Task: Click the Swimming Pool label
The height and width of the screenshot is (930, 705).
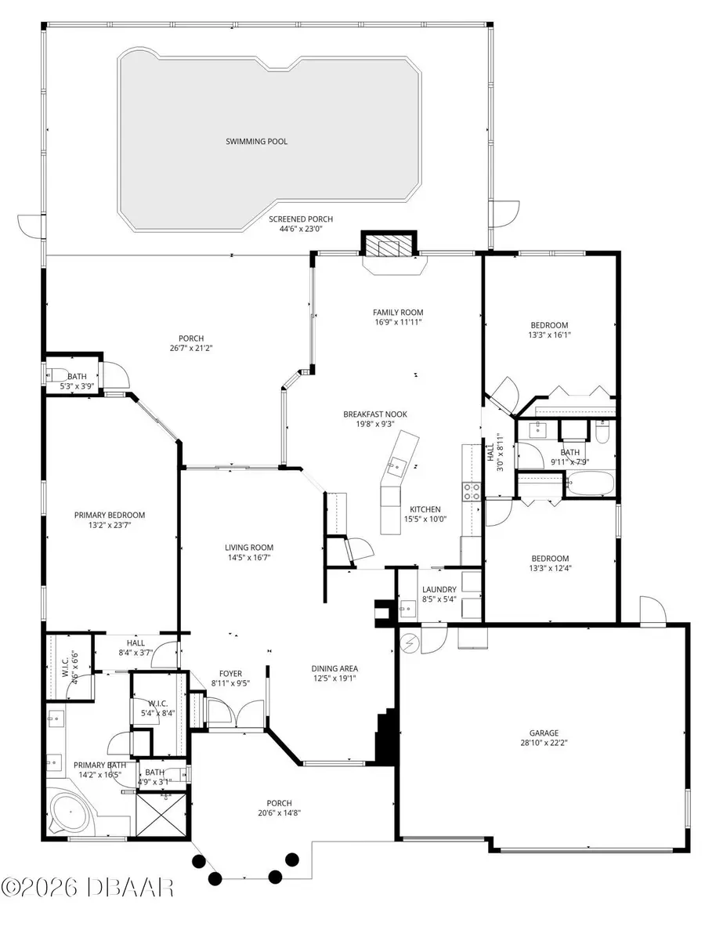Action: click(x=256, y=141)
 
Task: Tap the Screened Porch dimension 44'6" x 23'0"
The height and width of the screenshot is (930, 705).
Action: click(x=301, y=228)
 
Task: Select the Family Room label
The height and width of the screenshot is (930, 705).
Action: click(x=398, y=313)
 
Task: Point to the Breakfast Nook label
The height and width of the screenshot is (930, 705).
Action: click(x=375, y=414)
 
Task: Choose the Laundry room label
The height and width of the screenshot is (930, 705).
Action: click(x=439, y=589)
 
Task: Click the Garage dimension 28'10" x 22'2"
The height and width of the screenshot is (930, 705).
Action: click(x=544, y=743)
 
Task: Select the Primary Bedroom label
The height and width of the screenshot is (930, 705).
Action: click(x=110, y=515)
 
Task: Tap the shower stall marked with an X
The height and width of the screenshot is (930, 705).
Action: click(x=161, y=815)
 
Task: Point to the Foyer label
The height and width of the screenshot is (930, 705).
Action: click(x=230, y=674)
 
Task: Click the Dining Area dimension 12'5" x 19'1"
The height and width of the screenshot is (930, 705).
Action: click(x=334, y=679)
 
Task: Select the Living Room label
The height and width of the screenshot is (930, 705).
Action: click(x=249, y=548)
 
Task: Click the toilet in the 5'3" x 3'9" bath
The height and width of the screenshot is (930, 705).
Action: click(x=57, y=375)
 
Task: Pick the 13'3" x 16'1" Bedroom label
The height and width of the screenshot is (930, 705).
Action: click(x=549, y=325)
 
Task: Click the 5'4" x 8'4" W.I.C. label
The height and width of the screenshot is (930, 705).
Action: click(x=157, y=704)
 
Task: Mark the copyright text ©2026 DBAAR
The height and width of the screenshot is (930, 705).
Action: click(x=88, y=887)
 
